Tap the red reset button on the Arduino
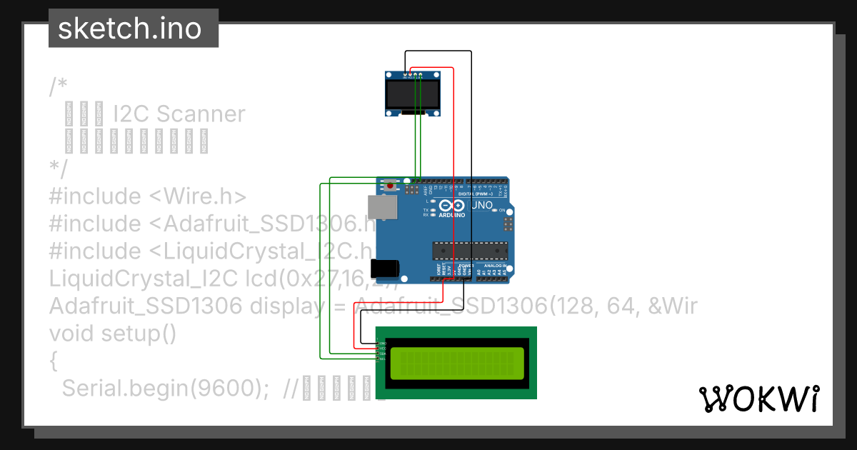pyautogui.click(x=390, y=186)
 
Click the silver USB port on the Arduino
pyautogui.click(x=384, y=207)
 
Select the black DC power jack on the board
pyautogui.click(x=386, y=268)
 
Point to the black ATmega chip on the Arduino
pyautogui.click(x=469, y=251)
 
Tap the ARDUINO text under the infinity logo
pyautogui.click(x=452, y=215)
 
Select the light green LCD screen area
pyautogui.click(x=456, y=364)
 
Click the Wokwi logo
pyautogui.click(x=758, y=398)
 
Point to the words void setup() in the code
pyautogui.click(x=113, y=334)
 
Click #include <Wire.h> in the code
pyautogui.click(x=148, y=196)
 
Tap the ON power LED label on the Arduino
pyautogui.click(x=501, y=210)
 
